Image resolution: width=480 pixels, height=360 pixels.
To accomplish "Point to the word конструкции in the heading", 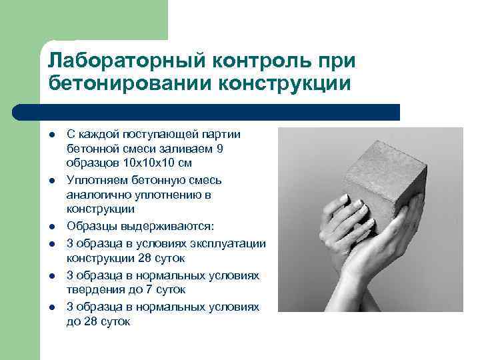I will [291, 84].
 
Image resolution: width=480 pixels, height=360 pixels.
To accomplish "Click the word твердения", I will [93, 290].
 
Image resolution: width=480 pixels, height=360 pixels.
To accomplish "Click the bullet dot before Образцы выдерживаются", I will [51, 227].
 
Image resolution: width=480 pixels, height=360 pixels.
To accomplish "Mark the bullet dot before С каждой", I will [51, 135].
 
